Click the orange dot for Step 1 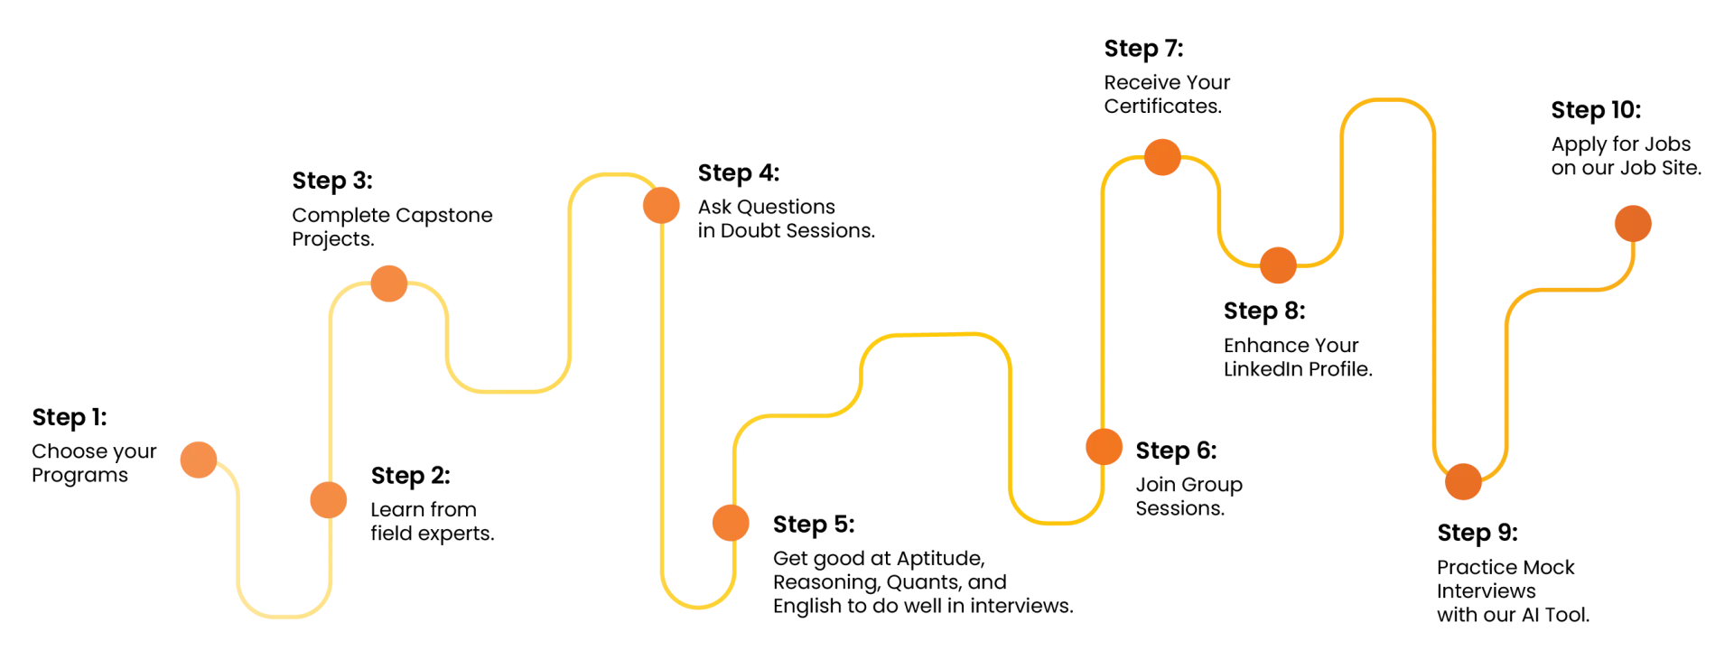[x=199, y=460]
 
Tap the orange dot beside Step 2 [x=329, y=499]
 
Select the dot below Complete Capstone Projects [x=389, y=283]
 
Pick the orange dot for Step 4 [x=661, y=205]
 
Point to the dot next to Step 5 [x=731, y=522]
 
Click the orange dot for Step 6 [x=1104, y=447]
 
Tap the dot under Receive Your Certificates [x=1162, y=157]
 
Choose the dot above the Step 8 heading [x=1278, y=265]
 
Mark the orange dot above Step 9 [x=1463, y=481]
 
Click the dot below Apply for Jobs [x=1633, y=224]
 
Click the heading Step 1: [x=70, y=417]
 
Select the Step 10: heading [x=1596, y=110]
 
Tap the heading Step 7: [x=1143, y=49]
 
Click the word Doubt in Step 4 [x=750, y=231]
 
